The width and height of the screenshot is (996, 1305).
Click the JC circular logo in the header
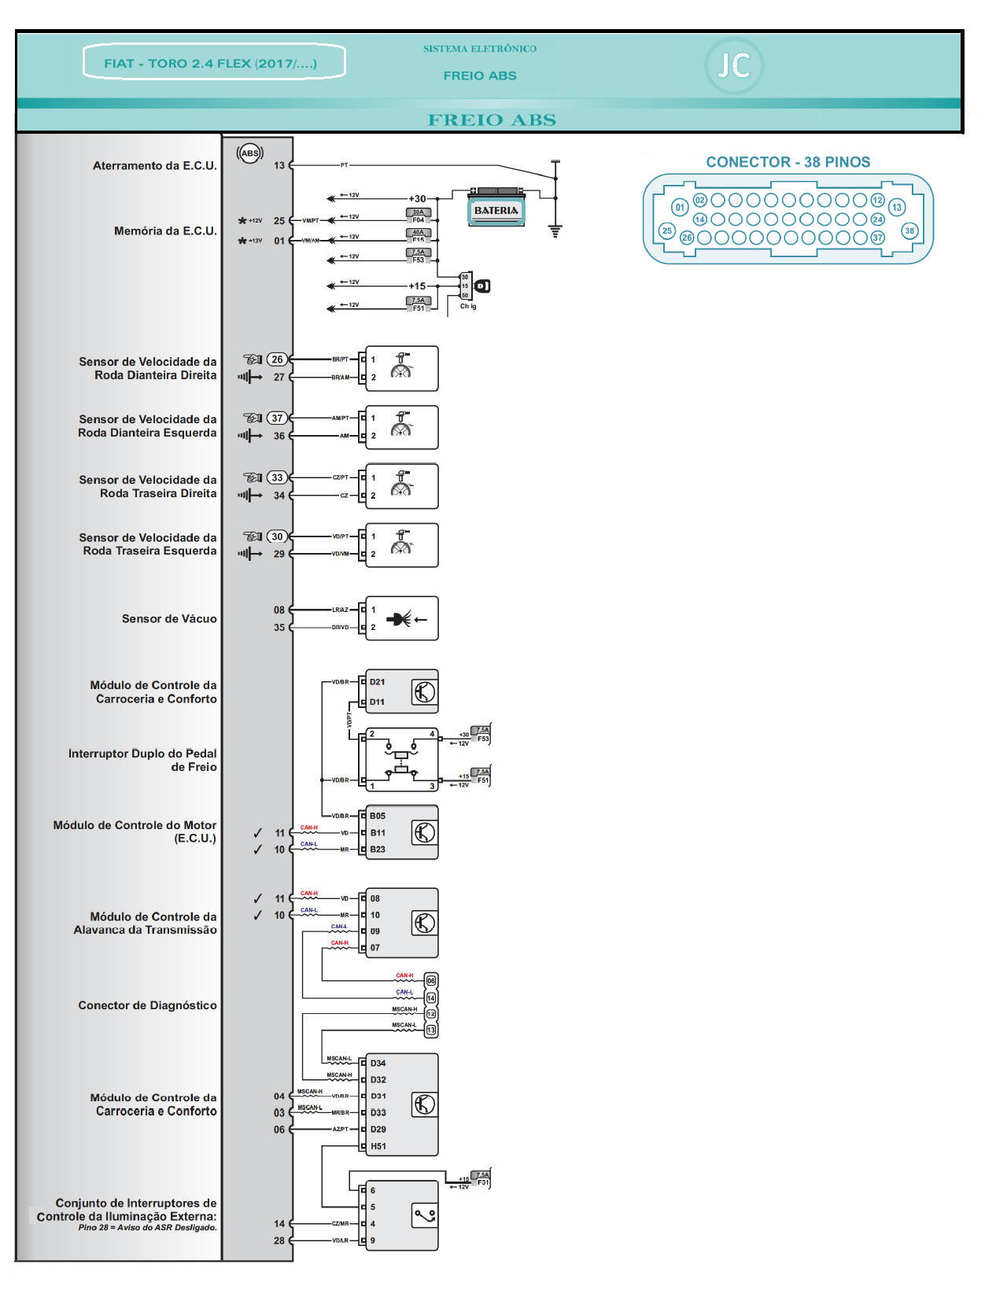click(x=733, y=65)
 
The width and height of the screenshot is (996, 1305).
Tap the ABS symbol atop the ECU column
click(x=250, y=153)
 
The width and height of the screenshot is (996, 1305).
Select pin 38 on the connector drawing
click(x=909, y=230)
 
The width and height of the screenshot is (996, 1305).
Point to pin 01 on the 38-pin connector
click(x=680, y=208)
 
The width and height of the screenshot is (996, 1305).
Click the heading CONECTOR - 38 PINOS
click(x=788, y=162)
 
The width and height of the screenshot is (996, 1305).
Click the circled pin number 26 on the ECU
click(x=277, y=359)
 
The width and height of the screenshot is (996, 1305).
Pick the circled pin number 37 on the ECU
click(x=277, y=418)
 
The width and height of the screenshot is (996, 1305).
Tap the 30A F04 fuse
click(x=418, y=216)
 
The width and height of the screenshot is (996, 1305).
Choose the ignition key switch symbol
click(x=482, y=286)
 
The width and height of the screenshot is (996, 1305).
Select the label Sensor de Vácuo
click(x=169, y=619)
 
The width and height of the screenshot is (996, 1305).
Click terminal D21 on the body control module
click(x=378, y=682)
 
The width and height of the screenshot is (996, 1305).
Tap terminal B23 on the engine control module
click(x=378, y=850)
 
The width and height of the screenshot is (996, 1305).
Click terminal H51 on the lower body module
click(x=378, y=1146)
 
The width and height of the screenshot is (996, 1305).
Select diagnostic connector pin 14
click(x=431, y=997)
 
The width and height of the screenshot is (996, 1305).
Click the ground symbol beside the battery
click(x=556, y=231)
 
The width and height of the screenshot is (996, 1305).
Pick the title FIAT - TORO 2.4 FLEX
click(x=211, y=63)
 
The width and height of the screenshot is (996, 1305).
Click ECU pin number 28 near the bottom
click(x=279, y=1240)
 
